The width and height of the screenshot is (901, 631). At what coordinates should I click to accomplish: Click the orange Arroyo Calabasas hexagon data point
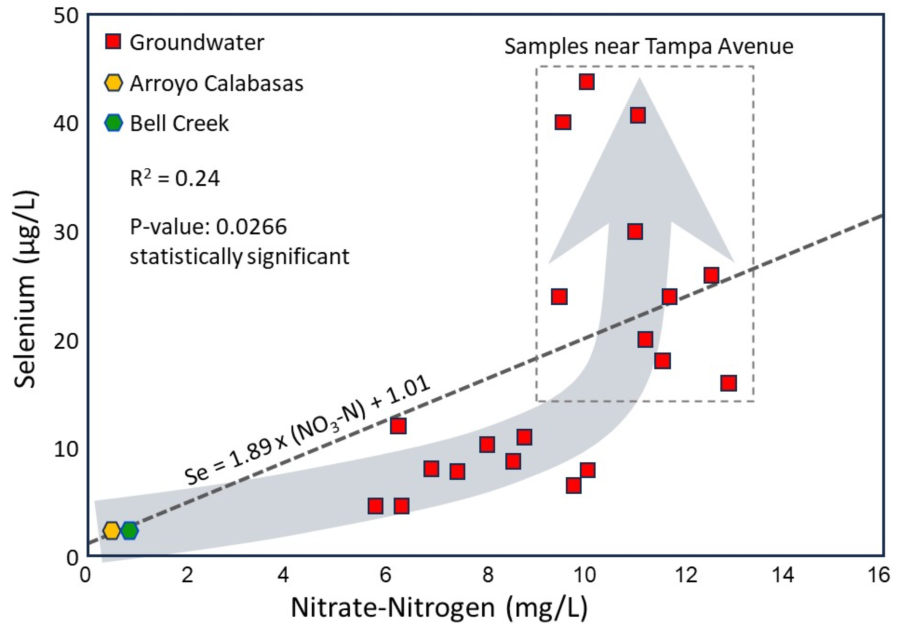point(112,530)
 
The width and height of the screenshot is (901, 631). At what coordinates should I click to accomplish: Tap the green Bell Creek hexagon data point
point(130,530)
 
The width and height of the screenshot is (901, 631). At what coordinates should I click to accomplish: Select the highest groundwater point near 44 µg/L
point(586,82)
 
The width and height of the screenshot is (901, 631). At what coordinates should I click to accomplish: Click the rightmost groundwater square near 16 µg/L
point(728,383)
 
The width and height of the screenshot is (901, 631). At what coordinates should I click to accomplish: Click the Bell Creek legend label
point(179,123)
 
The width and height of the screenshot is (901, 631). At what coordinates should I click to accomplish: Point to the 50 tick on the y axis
point(66,16)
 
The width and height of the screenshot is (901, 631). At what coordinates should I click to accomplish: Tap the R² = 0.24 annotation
point(175,178)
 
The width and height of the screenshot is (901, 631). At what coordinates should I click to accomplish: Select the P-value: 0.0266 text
point(209,226)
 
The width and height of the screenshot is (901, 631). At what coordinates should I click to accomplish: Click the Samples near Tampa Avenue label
point(649,46)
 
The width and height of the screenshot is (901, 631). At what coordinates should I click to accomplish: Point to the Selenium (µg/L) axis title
point(26,290)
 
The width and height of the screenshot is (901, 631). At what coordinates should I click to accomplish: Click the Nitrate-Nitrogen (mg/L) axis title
point(439,608)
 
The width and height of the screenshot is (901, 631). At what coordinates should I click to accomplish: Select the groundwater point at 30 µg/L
point(635,232)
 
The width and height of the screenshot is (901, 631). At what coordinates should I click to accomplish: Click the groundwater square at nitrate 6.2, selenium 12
point(398,426)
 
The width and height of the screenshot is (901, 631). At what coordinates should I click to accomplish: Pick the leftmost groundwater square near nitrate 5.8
point(375,506)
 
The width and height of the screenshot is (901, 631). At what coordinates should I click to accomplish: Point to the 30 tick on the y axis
point(66,232)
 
